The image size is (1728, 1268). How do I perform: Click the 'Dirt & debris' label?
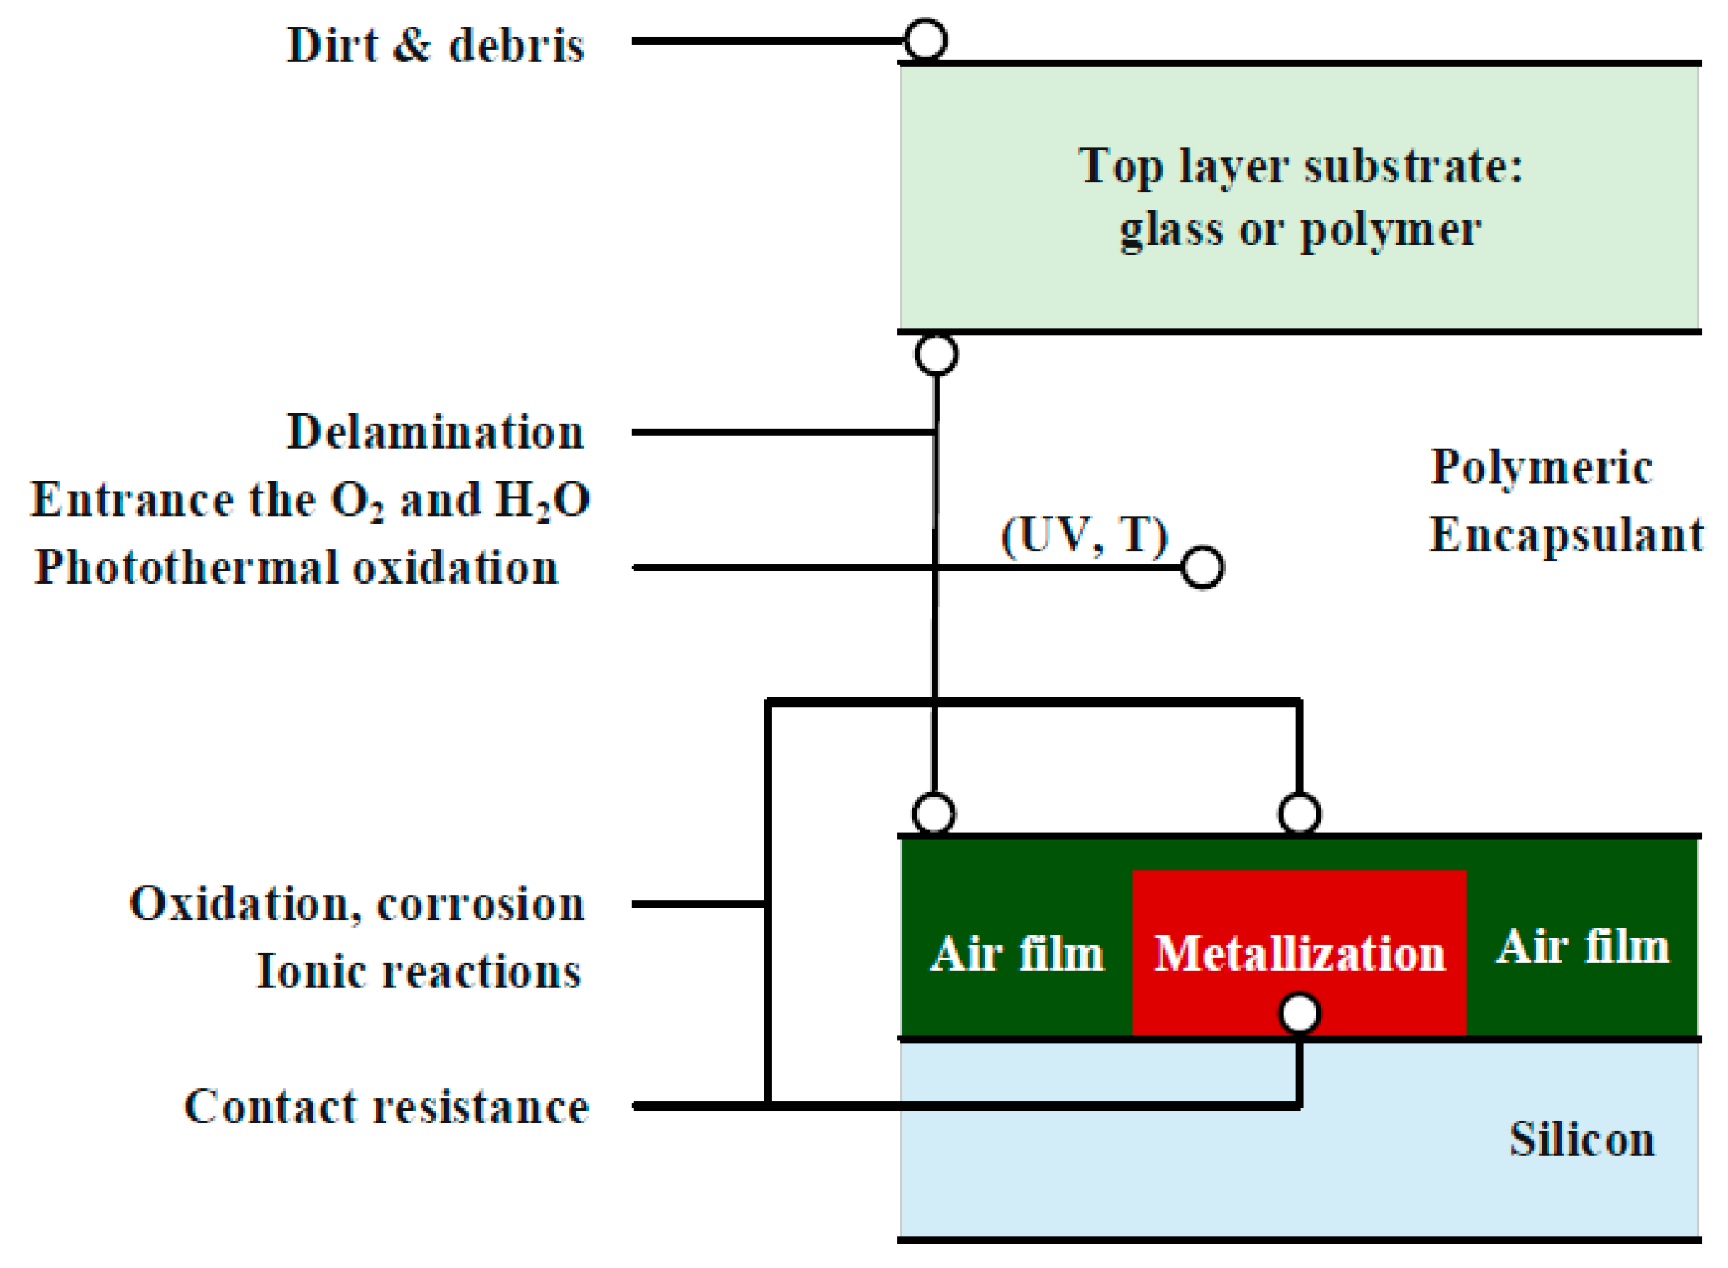(x=435, y=45)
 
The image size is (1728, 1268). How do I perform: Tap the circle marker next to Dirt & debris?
(x=926, y=39)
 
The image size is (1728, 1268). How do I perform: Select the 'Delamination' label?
(x=435, y=433)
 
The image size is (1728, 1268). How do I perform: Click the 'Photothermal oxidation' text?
(x=297, y=568)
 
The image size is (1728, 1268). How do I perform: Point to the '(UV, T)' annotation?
(x=1085, y=535)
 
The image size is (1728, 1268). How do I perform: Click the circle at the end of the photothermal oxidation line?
(x=1202, y=568)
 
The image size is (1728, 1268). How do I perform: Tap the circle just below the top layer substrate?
(x=937, y=355)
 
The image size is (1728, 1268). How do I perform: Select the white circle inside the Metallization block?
(x=1299, y=1013)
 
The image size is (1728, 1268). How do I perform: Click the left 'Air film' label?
(x=1016, y=955)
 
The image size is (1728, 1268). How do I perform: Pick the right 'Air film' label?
(x=1583, y=947)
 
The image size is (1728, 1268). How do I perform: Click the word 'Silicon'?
(x=1582, y=1140)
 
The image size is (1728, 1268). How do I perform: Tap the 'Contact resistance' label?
(x=386, y=1107)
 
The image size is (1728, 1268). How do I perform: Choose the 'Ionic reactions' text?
(x=418, y=972)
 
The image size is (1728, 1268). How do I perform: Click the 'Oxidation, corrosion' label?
(x=357, y=905)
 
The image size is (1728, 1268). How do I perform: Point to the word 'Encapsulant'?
(x=1567, y=535)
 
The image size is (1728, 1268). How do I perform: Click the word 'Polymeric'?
(x=1542, y=467)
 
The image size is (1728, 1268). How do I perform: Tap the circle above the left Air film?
(x=933, y=813)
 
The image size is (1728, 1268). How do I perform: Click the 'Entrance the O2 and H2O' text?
(x=311, y=501)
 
